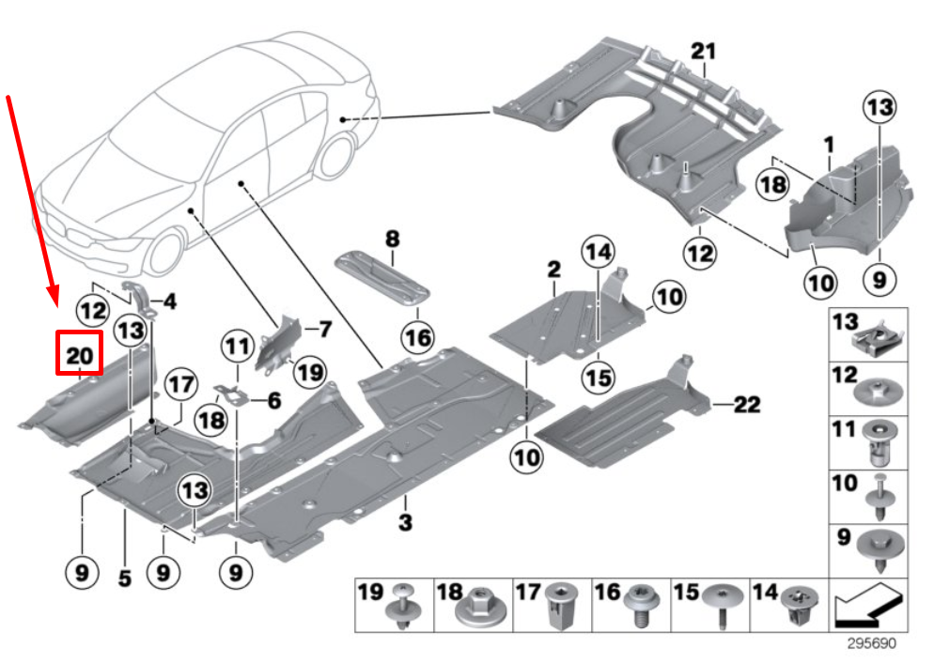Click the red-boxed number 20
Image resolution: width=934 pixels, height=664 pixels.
click(80, 356)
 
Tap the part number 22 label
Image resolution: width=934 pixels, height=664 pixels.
click(747, 405)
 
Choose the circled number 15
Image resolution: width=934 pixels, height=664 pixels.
click(596, 378)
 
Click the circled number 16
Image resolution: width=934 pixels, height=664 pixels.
click(417, 336)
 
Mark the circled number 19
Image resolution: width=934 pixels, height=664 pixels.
click(309, 373)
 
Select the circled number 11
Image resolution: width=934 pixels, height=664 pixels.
click(239, 347)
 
